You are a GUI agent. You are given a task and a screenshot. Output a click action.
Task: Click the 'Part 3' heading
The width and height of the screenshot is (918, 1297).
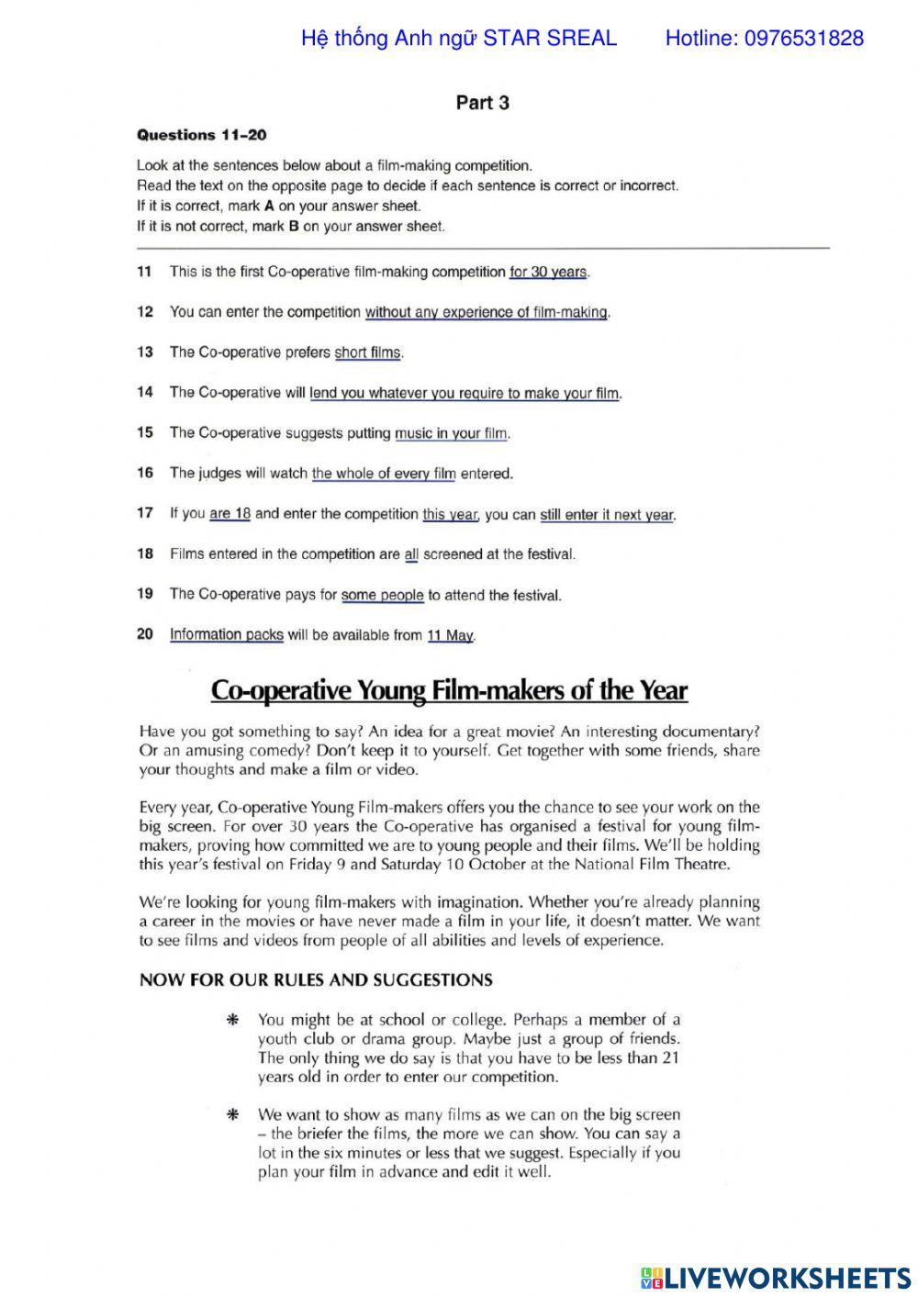coord(482,103)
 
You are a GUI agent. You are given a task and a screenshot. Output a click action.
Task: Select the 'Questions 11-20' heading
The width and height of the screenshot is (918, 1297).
coord(201,135)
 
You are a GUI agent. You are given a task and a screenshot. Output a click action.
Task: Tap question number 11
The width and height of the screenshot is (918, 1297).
coord(144,272)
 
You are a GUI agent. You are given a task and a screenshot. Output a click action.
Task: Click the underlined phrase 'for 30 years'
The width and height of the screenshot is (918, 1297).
coord(548,273)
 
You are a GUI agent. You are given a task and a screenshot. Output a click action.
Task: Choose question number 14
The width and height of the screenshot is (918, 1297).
coord(144,393)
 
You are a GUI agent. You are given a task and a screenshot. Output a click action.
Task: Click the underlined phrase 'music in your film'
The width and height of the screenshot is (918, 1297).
coord(451,433)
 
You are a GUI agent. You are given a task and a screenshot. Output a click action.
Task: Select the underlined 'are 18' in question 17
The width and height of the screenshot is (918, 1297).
coord(229,514)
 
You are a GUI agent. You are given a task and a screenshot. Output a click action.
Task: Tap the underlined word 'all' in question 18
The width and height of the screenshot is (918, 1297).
coord(411,554)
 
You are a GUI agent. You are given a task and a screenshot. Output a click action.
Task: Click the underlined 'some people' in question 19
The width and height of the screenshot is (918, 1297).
coord(382,595)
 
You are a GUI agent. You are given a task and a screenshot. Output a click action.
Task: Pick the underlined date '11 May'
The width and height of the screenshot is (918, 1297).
coord(450,635)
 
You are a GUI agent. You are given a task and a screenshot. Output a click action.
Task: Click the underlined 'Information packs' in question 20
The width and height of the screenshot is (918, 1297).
coord(227,634)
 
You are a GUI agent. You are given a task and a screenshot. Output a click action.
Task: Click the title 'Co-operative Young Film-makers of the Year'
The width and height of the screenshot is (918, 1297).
coord(449,690)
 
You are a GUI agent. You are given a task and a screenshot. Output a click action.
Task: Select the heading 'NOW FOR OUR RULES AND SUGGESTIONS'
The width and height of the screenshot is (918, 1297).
coord(316,980)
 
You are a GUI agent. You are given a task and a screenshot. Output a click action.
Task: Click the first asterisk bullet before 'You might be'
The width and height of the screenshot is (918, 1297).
coord(233,1020)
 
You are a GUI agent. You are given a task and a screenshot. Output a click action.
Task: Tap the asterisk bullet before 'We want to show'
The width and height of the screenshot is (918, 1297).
coord(233,1115)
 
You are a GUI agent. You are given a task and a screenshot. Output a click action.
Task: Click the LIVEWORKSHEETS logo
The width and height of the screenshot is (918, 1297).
coord(775,1277)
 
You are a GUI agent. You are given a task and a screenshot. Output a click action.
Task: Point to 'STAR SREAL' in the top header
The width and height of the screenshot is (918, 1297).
coord(550,39)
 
